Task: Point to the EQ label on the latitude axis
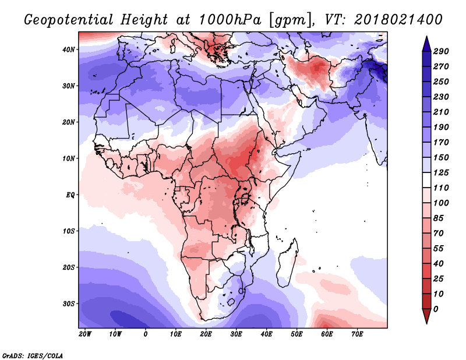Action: click(70, 195)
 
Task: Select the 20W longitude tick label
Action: click(84, 334)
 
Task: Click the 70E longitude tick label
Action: click(358, 334)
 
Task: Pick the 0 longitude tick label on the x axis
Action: click(146, 334)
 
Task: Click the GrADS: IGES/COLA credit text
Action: click(32, 355)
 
